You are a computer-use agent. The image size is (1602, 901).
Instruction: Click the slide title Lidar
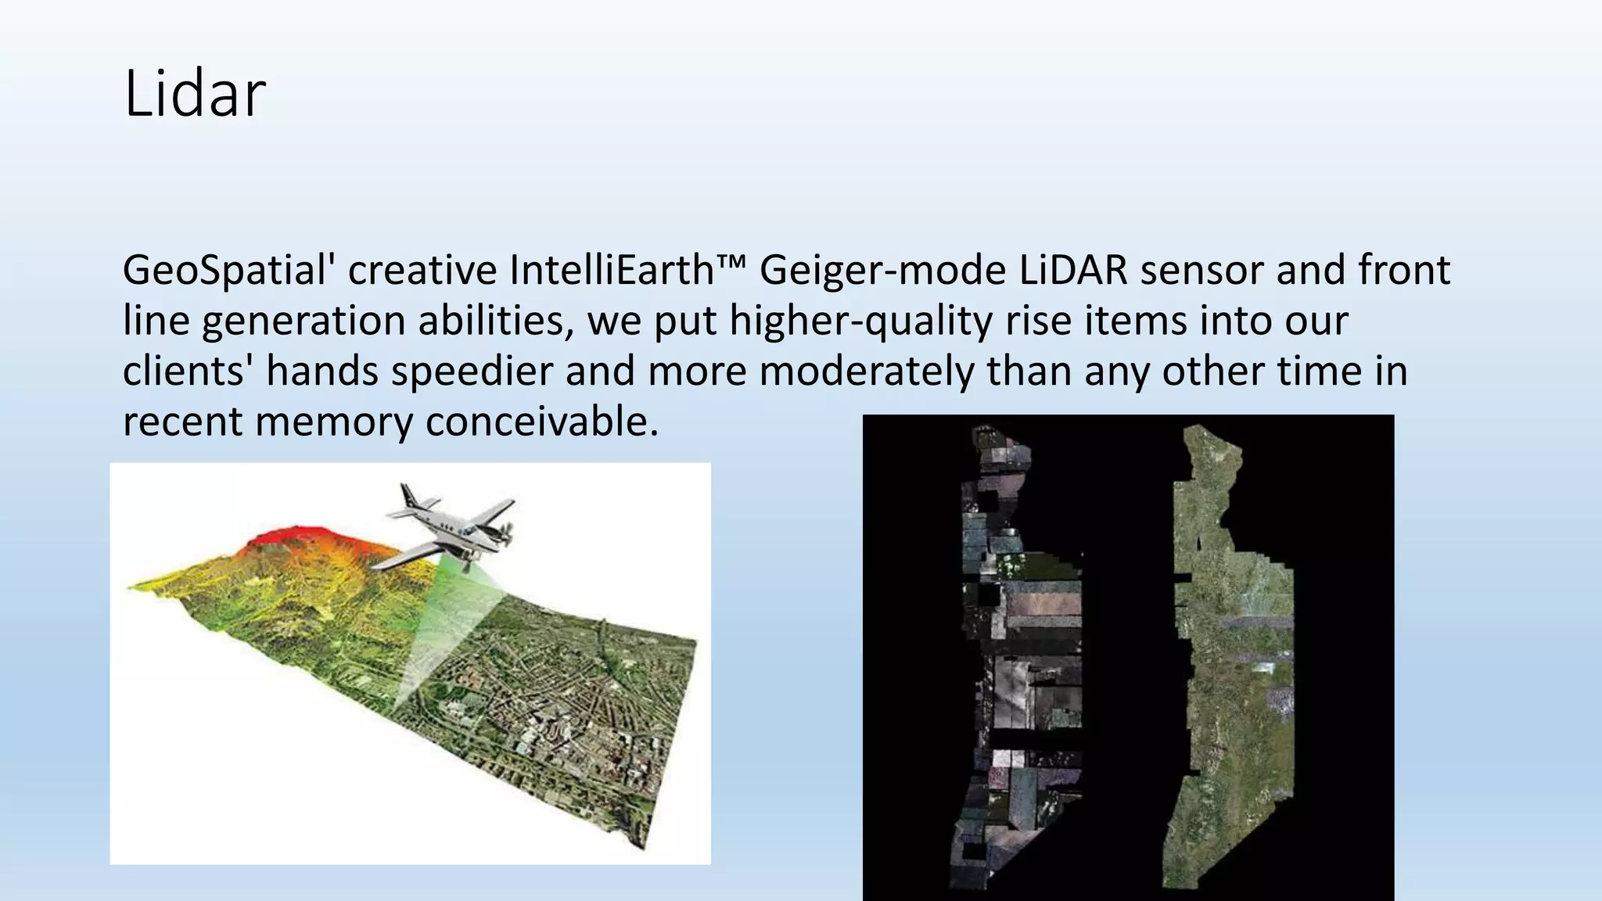195,94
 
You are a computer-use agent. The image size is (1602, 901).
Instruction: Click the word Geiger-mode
882,271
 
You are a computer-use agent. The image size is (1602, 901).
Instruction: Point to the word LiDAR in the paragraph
1073,271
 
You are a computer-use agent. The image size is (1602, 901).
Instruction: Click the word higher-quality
860,321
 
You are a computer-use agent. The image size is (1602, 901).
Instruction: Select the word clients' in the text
188,372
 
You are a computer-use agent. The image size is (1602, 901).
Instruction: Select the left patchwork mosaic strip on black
1021,657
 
